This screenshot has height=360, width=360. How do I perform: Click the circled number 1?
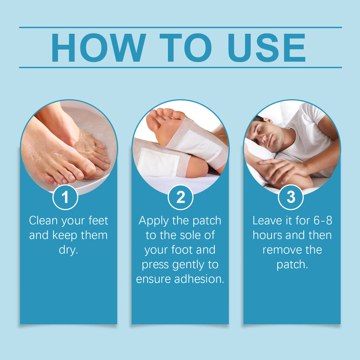pyautogui.click(x=65, y=198)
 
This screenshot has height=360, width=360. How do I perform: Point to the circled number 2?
pyautogui.click(x=180, y=198)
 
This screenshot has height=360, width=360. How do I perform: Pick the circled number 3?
pyautogui.click(x=291, y=198)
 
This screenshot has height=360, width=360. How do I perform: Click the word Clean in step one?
pyautogui.click(x=43, y=221)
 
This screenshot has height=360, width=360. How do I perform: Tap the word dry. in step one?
pyautogui.click(x=69, y=250)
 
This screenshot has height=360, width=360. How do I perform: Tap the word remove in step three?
pyautogui.click(x=281, y=250)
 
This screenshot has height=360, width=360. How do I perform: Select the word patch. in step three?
pyautogui.click(x=292, y=264)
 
